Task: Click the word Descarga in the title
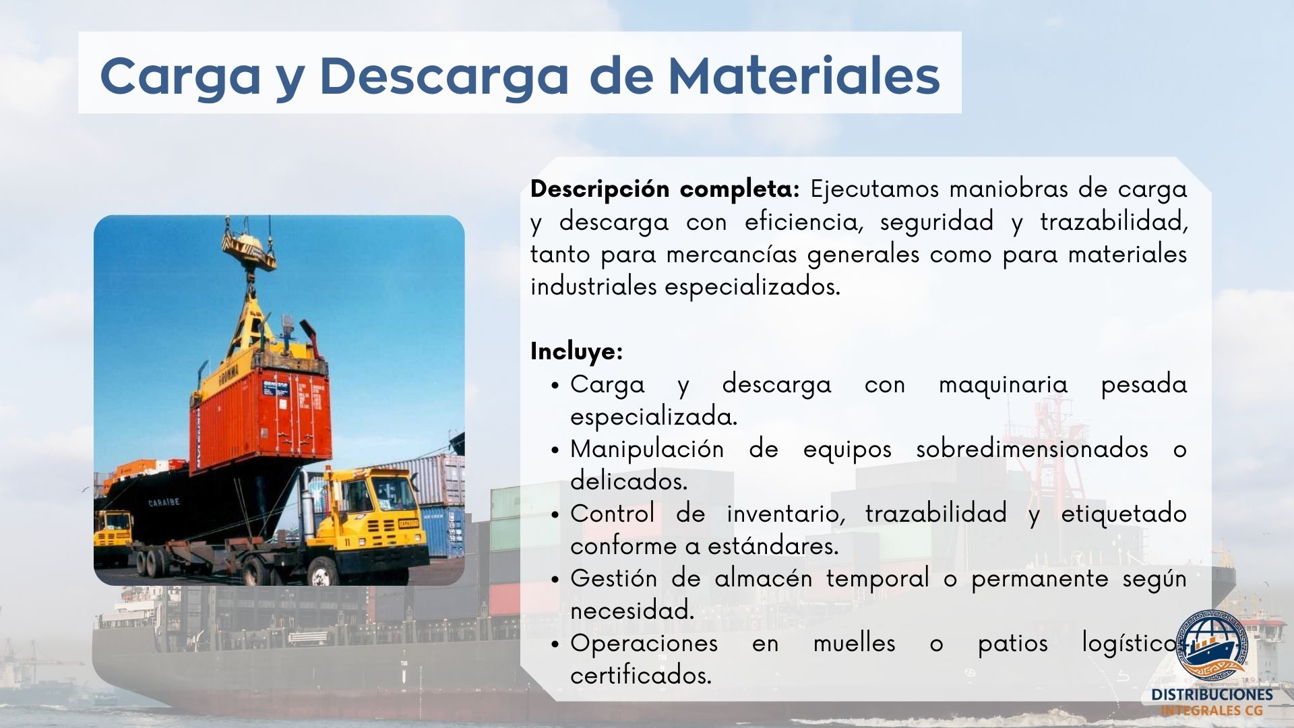[444, 75]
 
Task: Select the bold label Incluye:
[576, 351]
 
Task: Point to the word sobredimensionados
[1032, 449]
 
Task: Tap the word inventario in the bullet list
[786, 514]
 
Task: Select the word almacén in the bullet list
[763, 578]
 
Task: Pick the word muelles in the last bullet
[854, 643]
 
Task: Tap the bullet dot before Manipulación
[555, 450]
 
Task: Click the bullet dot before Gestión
[555, 580]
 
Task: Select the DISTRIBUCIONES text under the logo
[1212, 695]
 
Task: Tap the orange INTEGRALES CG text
[1212, 710]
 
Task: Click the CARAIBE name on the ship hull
[164, 502]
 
